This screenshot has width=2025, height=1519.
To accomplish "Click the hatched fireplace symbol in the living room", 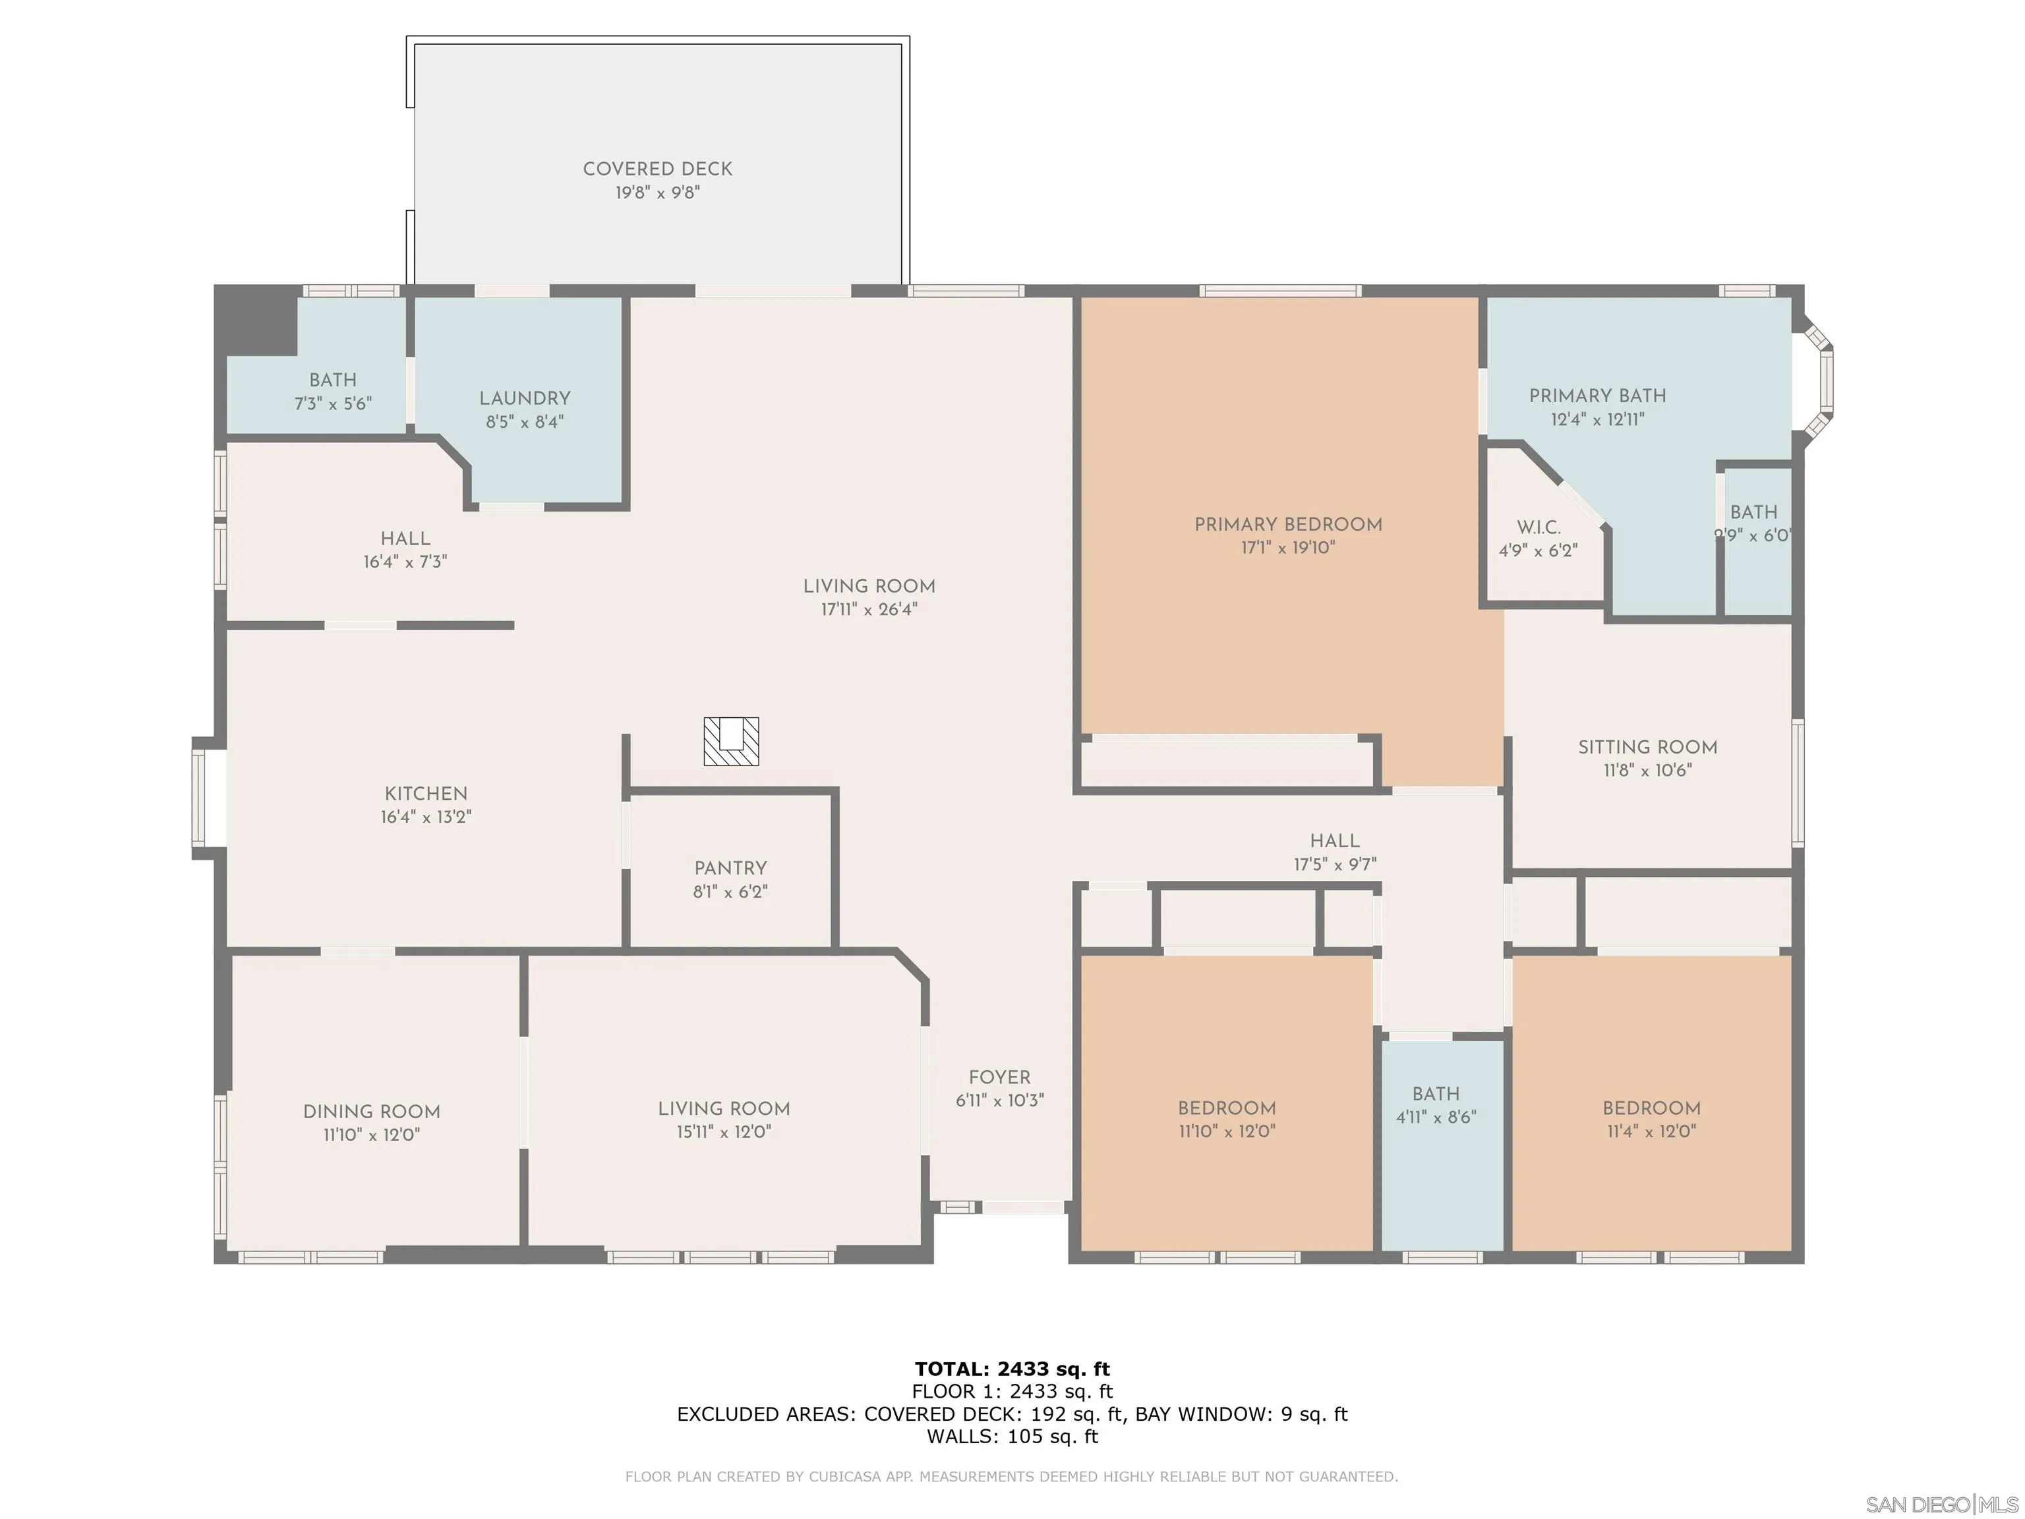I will (x=730, y=741).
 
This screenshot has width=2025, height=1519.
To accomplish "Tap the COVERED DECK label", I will (x=657, y=169).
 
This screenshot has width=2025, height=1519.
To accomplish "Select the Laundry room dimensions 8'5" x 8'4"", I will (x=525, y=422).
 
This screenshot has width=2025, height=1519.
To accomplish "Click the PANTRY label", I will (x=730, y=868).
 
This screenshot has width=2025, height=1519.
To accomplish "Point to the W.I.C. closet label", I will (x=1538, y=527).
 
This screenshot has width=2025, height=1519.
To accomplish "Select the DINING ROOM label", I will (x=372, y=1112).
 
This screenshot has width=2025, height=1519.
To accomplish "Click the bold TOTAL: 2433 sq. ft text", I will (x=1012, y=1369).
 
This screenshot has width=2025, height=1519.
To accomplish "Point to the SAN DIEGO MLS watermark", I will (x=1941, y=1504).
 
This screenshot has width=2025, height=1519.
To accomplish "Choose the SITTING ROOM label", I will (x=1647, y=747).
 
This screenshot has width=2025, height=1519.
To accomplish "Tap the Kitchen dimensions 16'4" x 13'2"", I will (x=426, y=817).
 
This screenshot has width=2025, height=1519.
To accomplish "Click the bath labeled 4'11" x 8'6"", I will (x=1436, y=1105).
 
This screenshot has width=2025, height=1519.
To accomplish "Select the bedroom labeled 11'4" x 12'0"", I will (x=1651, y=1119).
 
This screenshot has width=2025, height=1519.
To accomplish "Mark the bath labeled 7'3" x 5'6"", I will (x=332, y=391).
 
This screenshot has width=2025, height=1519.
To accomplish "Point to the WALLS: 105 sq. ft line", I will (x=1012, y=1437).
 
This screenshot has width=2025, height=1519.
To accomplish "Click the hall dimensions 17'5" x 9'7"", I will (x=1335, y=864).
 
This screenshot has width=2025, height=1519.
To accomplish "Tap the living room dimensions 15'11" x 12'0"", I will (x=723, y=1132).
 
